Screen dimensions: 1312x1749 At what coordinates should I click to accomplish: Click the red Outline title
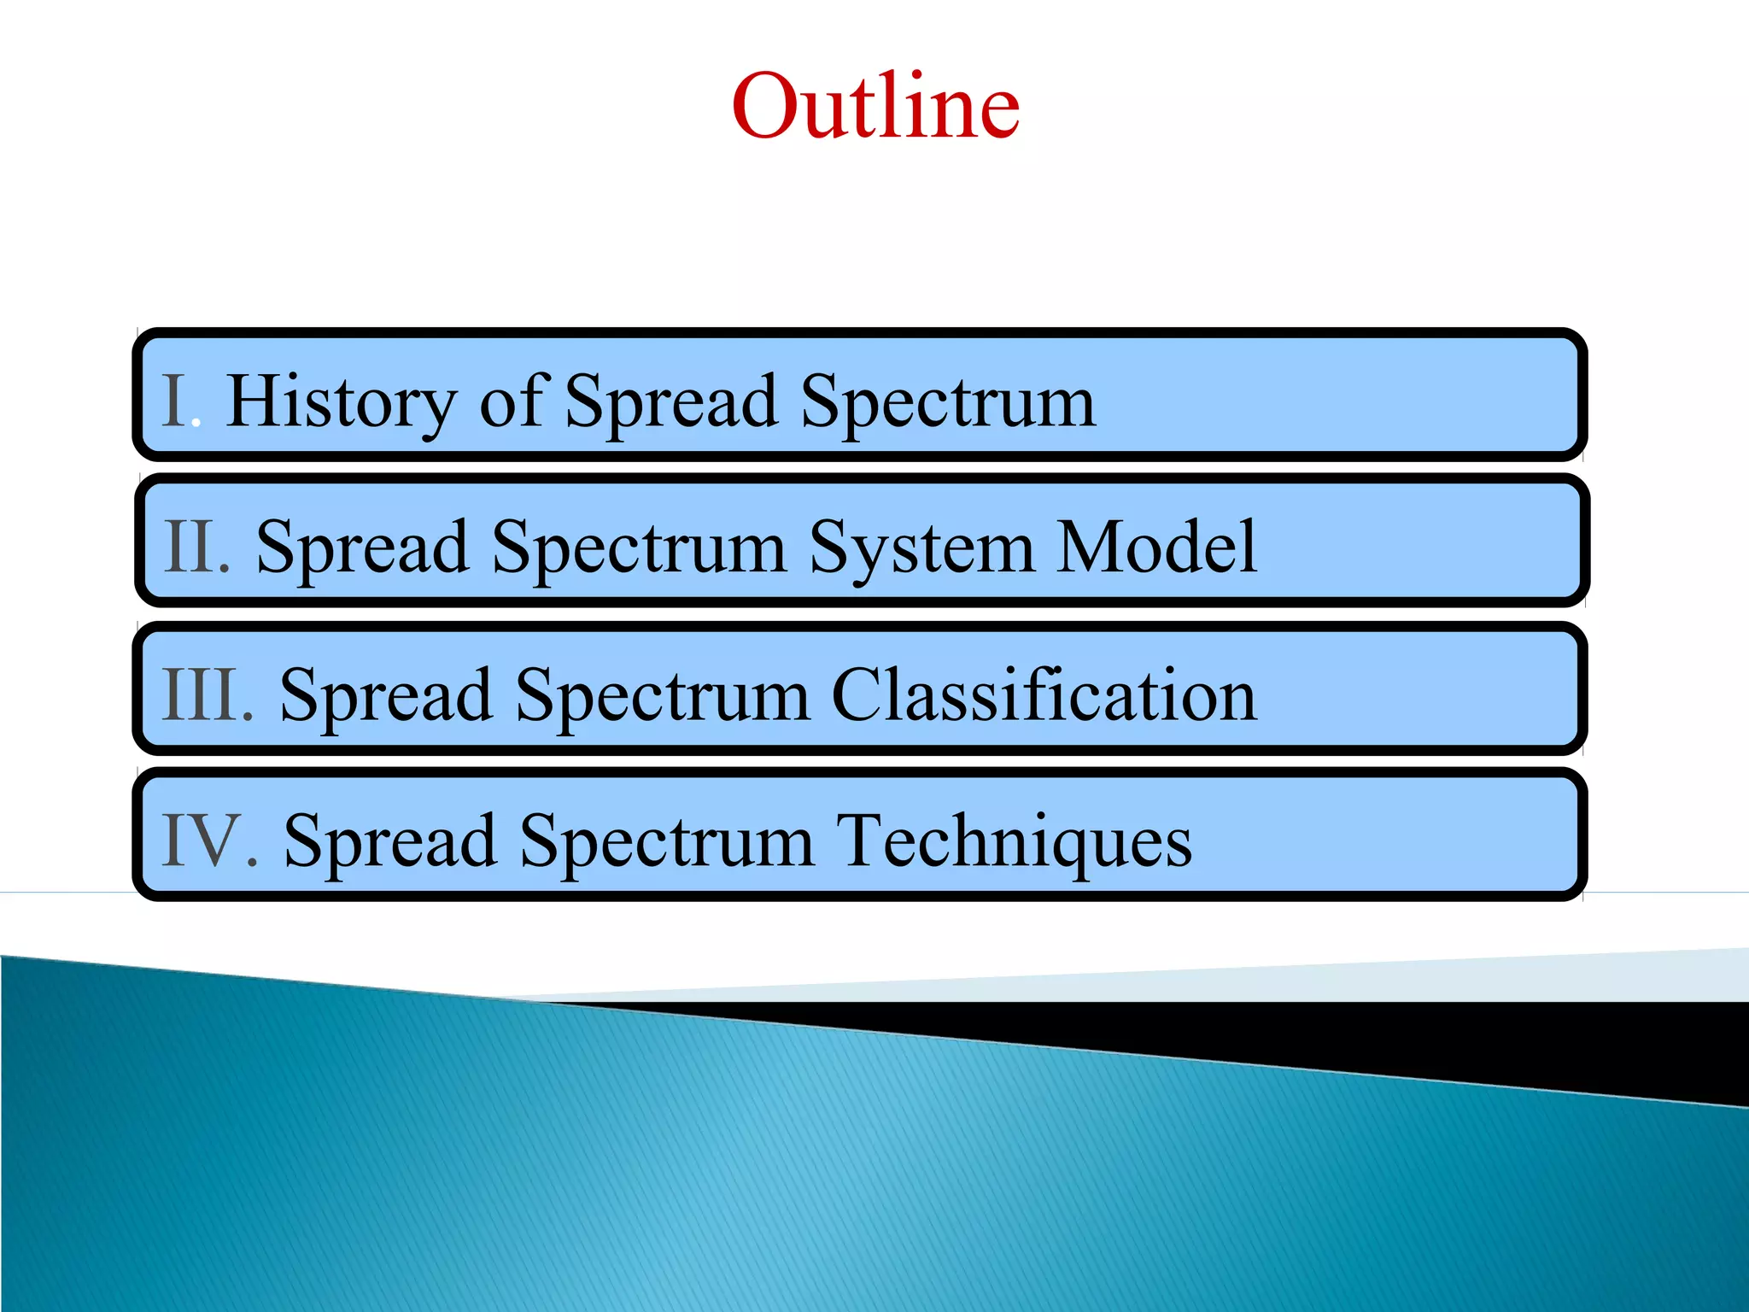[875, 106]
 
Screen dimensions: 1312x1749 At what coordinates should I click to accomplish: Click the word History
[342, 401]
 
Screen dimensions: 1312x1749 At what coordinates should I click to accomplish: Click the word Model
[1156, 546]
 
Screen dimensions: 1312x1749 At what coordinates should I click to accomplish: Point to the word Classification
[1044, 694]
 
